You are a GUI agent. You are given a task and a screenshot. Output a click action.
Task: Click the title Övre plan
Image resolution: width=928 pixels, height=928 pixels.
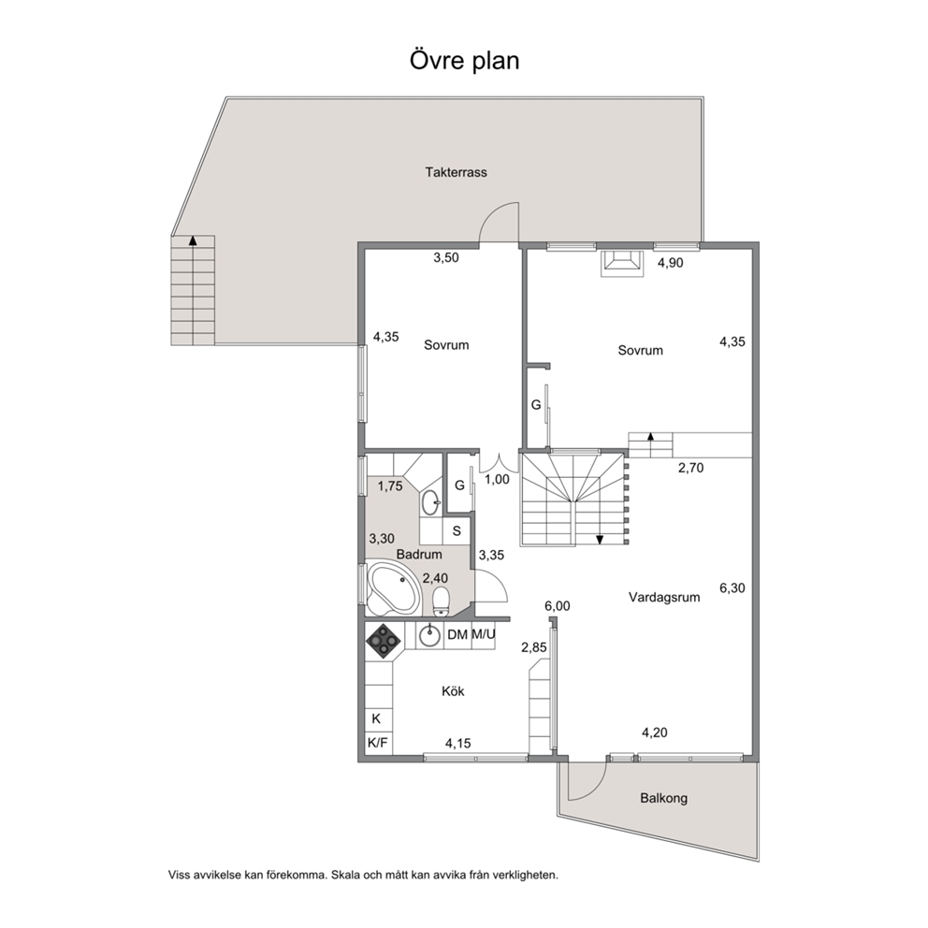[x=465, y=61]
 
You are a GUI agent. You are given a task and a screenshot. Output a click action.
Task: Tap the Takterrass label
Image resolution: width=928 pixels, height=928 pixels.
[x=456, y=172]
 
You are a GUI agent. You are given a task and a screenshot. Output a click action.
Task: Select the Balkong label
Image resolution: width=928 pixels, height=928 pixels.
[x=663, y=798]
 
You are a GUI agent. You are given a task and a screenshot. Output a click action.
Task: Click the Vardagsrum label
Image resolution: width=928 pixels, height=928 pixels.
[x=664, y=597]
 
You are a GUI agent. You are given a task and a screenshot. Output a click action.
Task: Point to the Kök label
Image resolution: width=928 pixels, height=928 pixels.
[x=453, y=690]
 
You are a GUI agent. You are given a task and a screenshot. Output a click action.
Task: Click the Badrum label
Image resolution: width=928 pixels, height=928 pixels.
[x=419, y=555]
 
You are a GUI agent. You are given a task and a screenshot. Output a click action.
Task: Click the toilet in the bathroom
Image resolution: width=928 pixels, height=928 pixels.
[x=441, y=601]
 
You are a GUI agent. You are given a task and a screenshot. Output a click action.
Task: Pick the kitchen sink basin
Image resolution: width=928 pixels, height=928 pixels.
[x=429, y=636]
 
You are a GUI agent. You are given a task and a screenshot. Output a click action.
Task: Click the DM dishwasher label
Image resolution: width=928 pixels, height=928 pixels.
[x=457, y=635]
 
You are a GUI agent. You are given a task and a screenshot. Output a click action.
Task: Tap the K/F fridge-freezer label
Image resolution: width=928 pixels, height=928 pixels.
[x=378, y=743]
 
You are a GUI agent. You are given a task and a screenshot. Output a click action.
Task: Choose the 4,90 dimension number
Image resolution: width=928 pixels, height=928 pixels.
[x=671, y=263]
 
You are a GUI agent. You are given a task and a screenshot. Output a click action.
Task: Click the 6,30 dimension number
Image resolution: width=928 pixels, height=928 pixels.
[x=732, y=588]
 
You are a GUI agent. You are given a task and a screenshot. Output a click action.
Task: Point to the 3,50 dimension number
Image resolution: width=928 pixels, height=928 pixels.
[x=446, y=257]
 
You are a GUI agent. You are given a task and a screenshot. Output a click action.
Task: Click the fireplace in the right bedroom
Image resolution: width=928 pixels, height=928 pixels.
[x=622, y=264]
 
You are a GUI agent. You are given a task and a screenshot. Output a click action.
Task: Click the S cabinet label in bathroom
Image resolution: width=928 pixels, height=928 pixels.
[x=457, y=530]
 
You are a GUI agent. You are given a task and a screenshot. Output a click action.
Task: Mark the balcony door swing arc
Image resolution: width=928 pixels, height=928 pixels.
[x=599, y=787]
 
